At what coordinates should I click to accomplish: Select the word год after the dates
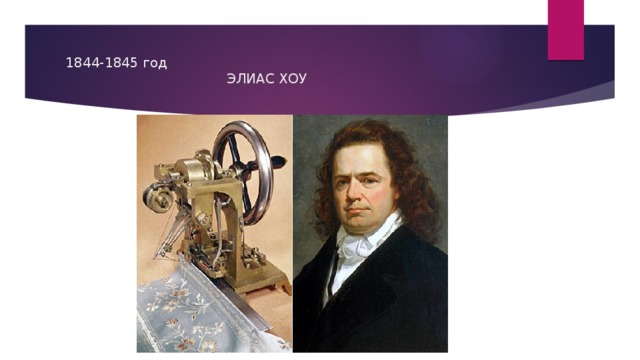154,63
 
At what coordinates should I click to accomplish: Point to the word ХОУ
291,79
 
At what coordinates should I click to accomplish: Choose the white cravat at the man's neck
352,258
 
